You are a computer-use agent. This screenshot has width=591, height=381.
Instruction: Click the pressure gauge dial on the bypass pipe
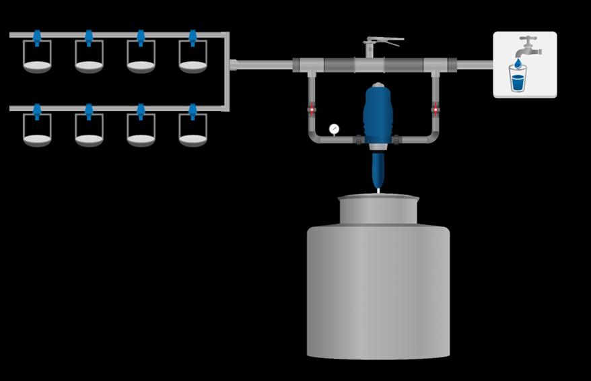(x=334, y=129)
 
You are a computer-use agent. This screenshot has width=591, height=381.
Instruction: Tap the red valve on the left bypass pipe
(x=312, y=108)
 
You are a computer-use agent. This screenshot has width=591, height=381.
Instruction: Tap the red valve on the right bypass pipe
(x=436, y=108)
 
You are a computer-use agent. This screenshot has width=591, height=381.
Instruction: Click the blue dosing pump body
(x=378, y=114)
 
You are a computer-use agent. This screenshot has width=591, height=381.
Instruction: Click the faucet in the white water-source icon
(x=528, y=46)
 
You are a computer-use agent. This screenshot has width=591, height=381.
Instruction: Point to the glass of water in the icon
(x=518, y=78)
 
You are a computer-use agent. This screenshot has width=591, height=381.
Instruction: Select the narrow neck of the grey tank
(x=378, y=209)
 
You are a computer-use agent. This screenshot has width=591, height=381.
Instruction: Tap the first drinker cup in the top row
(x=37, y=59)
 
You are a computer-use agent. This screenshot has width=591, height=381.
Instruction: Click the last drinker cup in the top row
(x=193, y=59)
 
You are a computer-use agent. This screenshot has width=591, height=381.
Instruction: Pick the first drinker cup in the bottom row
(x=37, y=131)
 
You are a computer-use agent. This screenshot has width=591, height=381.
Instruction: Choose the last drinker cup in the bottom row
(x=193, y=131)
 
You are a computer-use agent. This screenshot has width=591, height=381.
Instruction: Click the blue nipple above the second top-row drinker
(x=89, y=38)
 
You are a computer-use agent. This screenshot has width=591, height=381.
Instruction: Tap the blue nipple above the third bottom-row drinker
(x=141, y=111)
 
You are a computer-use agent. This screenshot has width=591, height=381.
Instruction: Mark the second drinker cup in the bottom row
(x=89, y=131)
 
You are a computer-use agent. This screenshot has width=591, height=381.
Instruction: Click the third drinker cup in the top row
(x=141, y=59)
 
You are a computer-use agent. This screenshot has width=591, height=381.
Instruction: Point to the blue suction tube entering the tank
(x=378, y=172)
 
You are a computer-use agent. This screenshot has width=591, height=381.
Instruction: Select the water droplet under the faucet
(x=518, y=63)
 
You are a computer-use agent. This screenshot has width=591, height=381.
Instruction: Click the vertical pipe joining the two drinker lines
(x=226, y=71)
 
